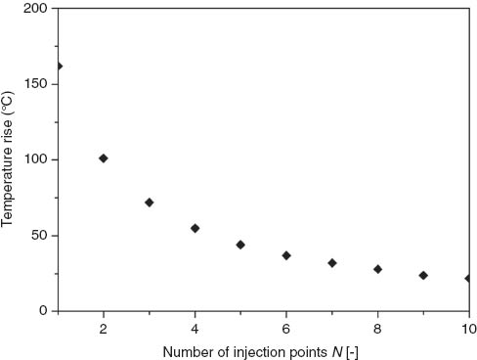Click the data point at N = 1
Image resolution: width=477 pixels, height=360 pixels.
(59, 67)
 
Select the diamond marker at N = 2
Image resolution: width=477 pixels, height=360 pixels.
(104, 157)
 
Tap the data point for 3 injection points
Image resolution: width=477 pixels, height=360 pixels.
(150, 202)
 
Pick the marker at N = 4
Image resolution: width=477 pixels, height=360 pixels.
(195, 228)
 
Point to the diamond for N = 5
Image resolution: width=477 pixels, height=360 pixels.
(240, 245)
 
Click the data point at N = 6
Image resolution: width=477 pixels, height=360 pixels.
(286, 255)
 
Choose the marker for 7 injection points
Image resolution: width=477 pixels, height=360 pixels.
(332, 263)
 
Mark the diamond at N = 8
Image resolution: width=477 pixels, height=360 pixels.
(377, 269)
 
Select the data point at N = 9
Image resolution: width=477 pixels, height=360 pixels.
(423, 275)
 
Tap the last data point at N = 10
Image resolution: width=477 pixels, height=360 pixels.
(468, 278)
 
